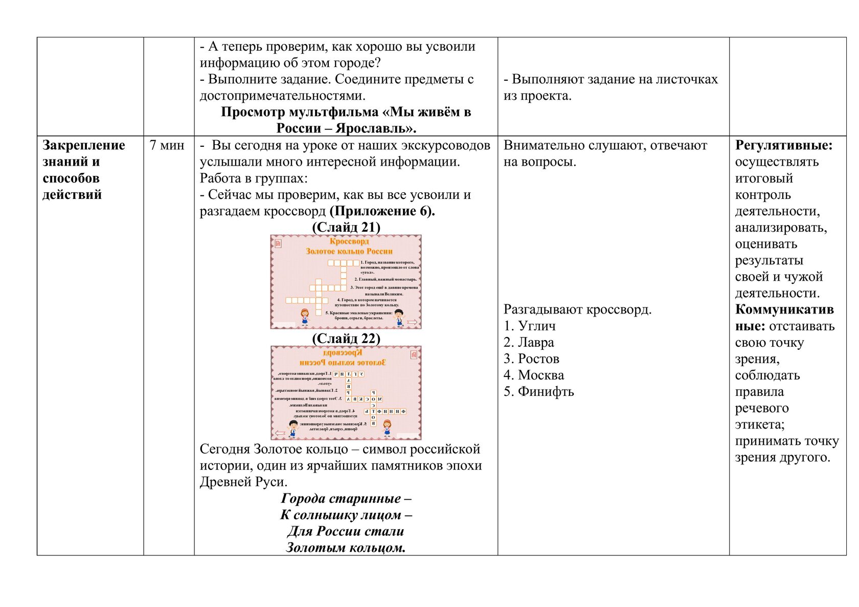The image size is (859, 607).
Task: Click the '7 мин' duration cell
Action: coord(167,145)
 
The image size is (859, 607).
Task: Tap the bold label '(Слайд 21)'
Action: coord(346,228)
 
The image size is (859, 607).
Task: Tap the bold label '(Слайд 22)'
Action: coord(346,339)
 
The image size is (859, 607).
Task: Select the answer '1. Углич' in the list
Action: coord(530,326)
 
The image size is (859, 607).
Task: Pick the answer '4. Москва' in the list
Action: coord(534,375)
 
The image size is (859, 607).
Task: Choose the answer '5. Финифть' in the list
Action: coord(539,391)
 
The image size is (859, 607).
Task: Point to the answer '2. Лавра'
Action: coord(529,342)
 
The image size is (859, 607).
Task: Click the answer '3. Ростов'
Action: coord(531,358)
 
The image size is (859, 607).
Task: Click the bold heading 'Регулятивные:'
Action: coord(784,145)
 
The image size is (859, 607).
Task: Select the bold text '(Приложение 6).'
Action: coord(382,211)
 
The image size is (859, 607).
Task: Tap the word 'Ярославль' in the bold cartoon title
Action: coord(376,128)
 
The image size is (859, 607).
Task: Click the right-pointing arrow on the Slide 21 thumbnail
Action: coord(412,322)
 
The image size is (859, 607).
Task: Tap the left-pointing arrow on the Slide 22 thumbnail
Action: coord(280,433)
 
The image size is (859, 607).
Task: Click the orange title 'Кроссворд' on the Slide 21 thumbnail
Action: coord(349,241)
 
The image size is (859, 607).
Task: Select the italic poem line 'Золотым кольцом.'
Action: coord(346,548)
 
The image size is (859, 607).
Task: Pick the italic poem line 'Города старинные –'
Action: coord(346,499)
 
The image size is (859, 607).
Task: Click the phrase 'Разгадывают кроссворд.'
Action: coord(578,309)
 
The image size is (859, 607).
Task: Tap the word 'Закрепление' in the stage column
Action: coord(84,145)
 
